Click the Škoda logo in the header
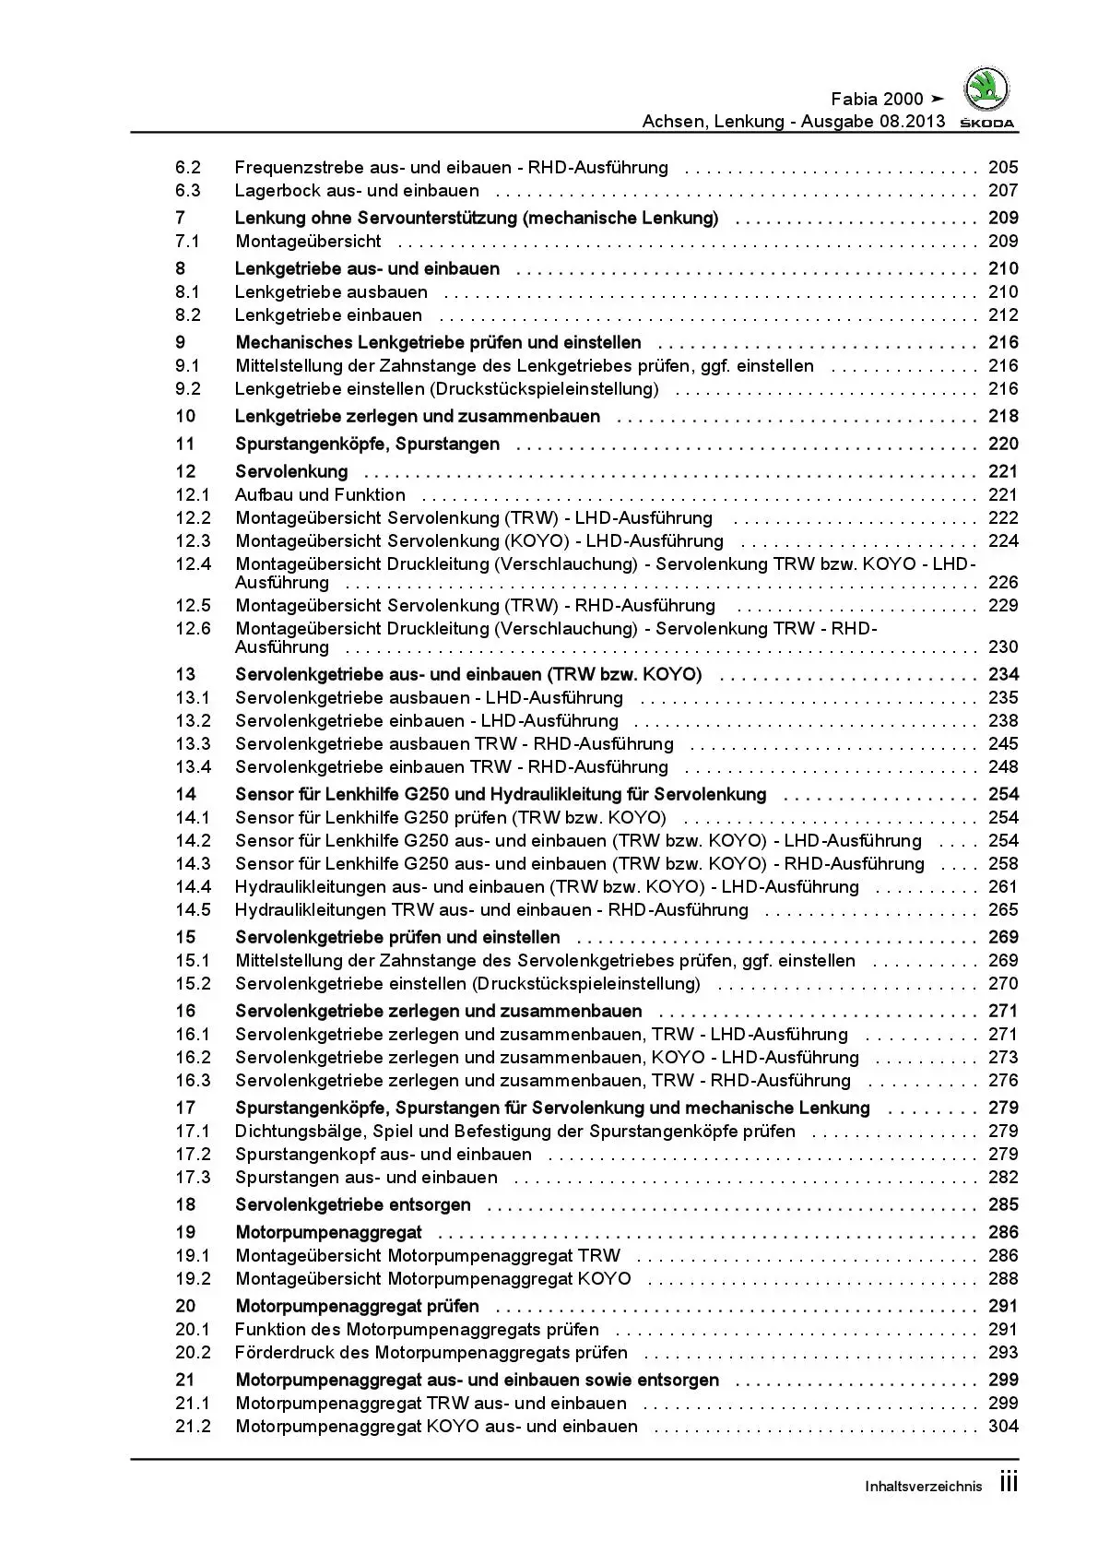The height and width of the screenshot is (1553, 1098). coord(986,92)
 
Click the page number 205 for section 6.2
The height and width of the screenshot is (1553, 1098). coord(1003,168)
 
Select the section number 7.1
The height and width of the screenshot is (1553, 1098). coord(187,242)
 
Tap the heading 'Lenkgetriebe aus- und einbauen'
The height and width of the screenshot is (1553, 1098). coord(367,269)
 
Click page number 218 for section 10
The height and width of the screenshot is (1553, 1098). coord(1003,417)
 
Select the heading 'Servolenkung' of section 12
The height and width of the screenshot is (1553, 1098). coord(291,472)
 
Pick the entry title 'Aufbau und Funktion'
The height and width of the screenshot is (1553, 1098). coord(320,495)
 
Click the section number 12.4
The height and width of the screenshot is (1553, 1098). coord(193,564)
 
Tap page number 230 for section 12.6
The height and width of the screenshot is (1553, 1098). coord(1003,647)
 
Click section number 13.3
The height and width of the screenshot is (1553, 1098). coord(193,744)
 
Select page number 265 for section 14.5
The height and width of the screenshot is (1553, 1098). coord(1003,910)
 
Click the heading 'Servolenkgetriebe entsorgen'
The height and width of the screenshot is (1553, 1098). coord(353,1205)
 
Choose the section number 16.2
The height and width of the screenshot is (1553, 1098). coord(193,1058)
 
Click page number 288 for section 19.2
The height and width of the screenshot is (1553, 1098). coord(1003,1279)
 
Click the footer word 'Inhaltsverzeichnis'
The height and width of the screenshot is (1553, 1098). coord(924,1487)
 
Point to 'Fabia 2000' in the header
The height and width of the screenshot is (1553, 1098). coord(877,100)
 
